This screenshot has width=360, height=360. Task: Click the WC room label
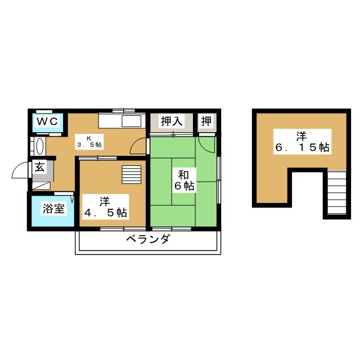47,121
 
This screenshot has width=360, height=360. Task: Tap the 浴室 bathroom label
53,209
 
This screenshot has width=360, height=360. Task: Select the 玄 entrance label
39,167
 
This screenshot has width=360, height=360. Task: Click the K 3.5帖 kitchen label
89,142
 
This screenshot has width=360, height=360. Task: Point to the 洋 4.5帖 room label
105,207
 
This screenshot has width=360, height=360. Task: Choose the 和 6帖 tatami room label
184,181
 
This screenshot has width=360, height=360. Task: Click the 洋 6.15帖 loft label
302,142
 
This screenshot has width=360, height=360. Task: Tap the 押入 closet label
172,121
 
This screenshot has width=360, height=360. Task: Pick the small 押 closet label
206,121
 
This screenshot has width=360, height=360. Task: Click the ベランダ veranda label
148,239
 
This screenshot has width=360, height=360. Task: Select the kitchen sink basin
131,121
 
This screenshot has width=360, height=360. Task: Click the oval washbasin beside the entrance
40,146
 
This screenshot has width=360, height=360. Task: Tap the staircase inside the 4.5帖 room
131,175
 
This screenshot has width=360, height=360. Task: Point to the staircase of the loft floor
336,193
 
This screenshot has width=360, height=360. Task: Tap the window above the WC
44,111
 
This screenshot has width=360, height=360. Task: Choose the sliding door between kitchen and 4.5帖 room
98,158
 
